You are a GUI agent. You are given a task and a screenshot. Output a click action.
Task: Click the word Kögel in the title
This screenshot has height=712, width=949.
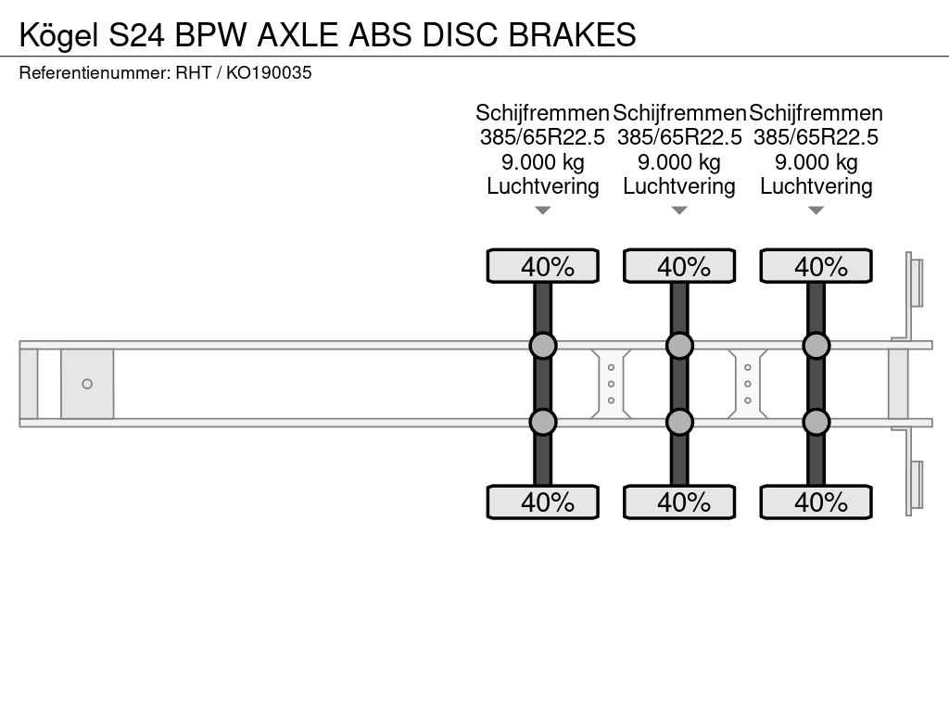[x=59, y=35]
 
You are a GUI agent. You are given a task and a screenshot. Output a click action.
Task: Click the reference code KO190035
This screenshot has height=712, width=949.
[x=269, y=73]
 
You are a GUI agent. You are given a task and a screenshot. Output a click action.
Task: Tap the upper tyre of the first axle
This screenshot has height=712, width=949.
[x=542, y=266]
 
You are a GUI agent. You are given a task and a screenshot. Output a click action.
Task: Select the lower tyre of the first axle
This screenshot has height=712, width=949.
[x=542, y=502]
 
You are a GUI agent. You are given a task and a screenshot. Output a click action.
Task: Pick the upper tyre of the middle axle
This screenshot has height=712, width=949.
[x=679, y=266]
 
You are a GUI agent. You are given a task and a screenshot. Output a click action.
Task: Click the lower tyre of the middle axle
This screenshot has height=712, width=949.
[x=679, y=502]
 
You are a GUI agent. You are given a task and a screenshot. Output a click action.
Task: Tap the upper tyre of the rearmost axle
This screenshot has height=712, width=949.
[x=816, y=266]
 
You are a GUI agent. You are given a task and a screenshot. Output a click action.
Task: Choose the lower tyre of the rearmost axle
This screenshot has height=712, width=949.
[x=816, y=502]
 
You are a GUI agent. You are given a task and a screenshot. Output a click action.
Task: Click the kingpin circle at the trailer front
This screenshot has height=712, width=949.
[x=87, y=384]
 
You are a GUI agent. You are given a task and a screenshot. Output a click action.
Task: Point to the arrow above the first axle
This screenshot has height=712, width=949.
[x=543, y=210]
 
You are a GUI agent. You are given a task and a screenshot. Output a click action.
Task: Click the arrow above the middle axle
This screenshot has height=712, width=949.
[x=679, y=210]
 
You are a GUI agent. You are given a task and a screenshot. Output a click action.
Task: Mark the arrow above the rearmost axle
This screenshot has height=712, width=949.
[x=816, y=210]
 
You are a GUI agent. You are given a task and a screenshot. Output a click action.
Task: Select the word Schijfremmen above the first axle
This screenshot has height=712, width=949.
[x=542, y=113]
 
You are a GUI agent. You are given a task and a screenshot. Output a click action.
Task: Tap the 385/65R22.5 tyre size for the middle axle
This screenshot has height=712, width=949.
[x=679, y=137]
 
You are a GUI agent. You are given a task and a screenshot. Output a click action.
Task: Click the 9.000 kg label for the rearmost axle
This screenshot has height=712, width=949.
[x=816, y=162]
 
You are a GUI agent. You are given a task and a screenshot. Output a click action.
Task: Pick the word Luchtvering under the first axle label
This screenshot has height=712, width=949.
[x=543, y=186]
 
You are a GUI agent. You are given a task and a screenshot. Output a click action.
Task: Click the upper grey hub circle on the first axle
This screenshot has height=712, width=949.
[x=542, y=346]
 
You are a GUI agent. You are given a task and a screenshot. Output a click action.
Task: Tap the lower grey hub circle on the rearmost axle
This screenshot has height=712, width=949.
[x=816, y=422]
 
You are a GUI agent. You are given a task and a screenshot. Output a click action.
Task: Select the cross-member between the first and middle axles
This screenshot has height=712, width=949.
[x=611, y=384]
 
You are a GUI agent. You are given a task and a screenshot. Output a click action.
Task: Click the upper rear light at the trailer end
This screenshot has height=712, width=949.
[x=917, y=282]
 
